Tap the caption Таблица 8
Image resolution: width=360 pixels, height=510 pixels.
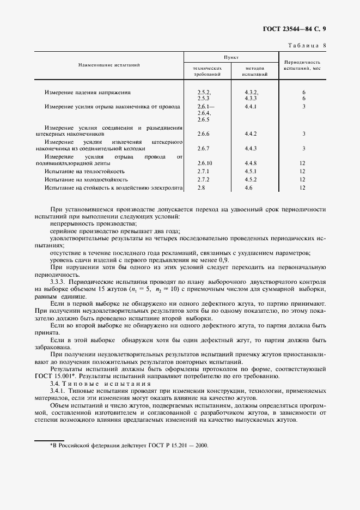(308, 46)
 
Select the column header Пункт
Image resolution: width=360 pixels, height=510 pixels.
(231, 57)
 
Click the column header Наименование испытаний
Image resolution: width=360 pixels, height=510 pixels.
(109, 65)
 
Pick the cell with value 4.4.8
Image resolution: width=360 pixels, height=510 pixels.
(251, 163)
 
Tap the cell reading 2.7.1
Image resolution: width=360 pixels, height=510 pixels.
(203, 171)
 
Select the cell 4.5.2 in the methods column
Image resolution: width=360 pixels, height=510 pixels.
(251, 179)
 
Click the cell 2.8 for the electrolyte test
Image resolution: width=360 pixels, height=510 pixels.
(201, 188)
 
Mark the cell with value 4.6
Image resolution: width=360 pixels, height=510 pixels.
(249, 188)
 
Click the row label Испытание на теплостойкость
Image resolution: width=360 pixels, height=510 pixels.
(86, 171)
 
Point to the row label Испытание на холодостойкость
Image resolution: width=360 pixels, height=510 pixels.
(86, 179)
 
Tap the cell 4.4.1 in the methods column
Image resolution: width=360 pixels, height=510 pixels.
(251, 107)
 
